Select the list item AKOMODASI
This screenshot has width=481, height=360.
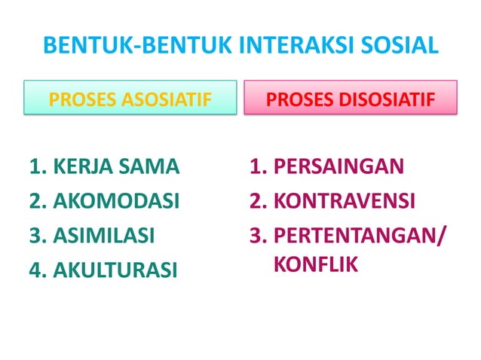115,201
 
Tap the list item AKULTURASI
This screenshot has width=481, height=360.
115,270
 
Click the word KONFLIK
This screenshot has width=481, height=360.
311,265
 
